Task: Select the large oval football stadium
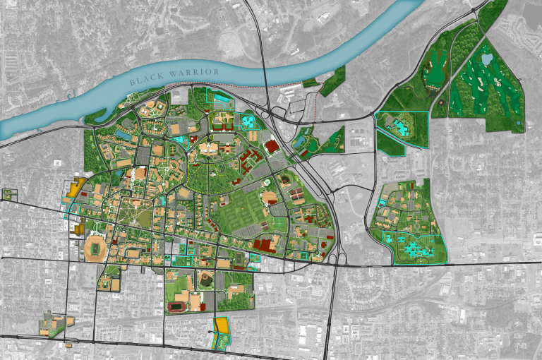pyautogui.click(x=94, y=248)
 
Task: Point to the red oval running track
pyautogui.click(x=178, y=307)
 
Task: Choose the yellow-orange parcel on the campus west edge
pyautogui.click(x=76, y=188)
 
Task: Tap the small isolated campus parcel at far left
pyautogui.click(x=8, y=194)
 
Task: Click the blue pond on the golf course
pyautogui.click(x=488, y=60)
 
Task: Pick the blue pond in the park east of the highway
pyautogui.click(x=301, y=142)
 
